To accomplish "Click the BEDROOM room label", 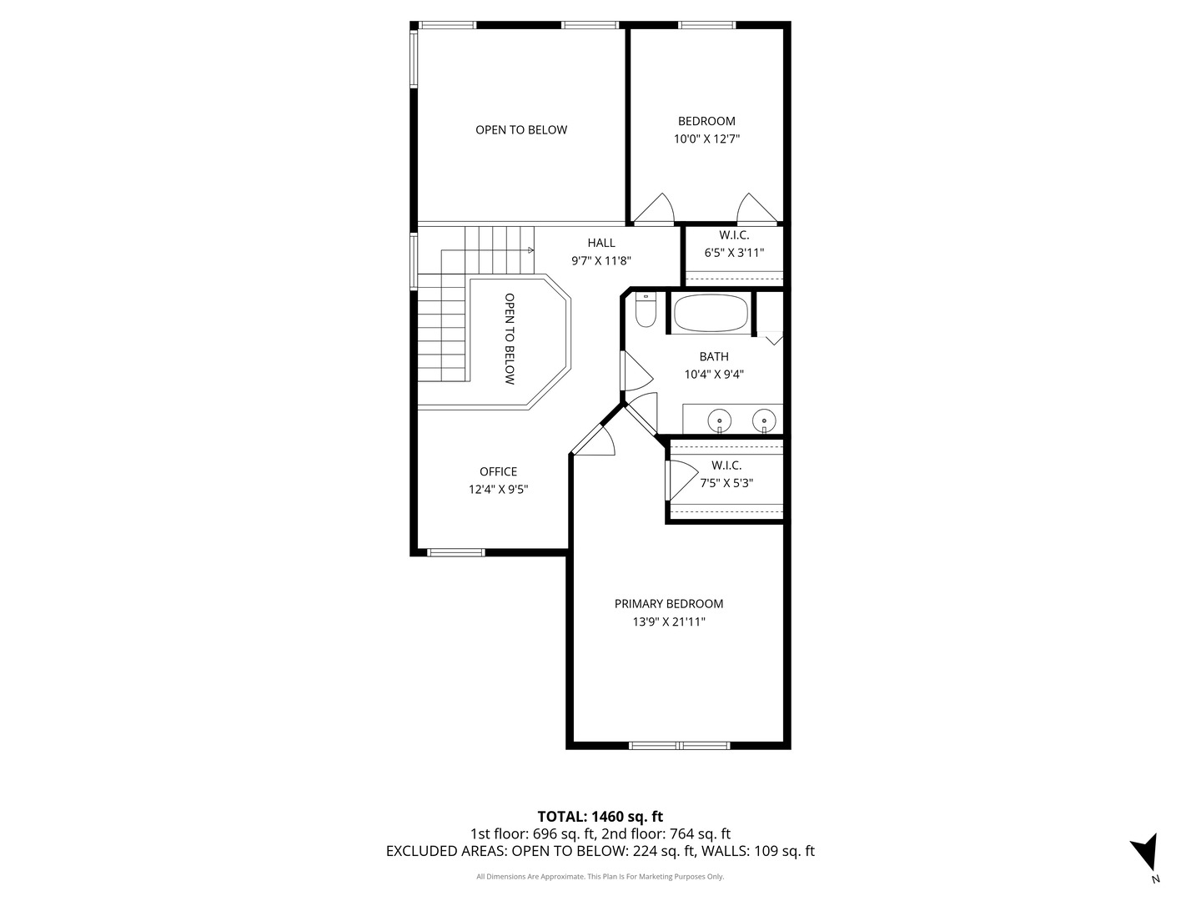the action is click(706, 121).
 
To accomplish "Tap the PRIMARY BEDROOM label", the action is click(669, 603).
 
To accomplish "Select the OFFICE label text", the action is click(498, 471).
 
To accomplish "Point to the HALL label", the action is click(601, 242).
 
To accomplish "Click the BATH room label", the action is click(714, 357).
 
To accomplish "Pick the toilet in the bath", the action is click(646, 310).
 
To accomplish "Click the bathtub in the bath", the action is click(711, 314).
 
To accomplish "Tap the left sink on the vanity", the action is click(720, 421).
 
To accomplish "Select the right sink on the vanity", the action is click(764, 421).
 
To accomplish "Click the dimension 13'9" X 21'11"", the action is click(669, 622).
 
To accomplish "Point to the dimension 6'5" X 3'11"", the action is click(734, 253).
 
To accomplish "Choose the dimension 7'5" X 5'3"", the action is click(726, 483).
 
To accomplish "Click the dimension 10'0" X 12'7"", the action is click(706, 139).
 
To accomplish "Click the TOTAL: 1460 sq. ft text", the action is click(600, 817).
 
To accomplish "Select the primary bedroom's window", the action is click(679, 745).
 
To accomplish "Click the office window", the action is click(455, 552).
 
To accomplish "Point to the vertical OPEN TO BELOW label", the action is click(510, 340).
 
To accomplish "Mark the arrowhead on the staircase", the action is click(530, 250).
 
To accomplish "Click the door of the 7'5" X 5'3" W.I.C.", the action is click(681, 481).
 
